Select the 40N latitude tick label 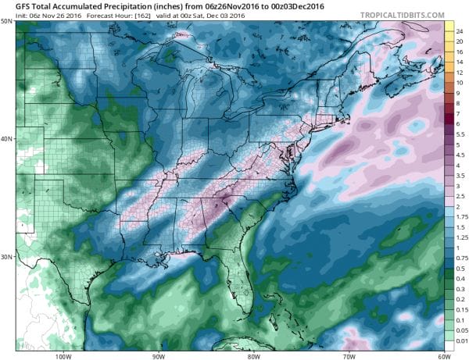[x=7, y=139]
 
